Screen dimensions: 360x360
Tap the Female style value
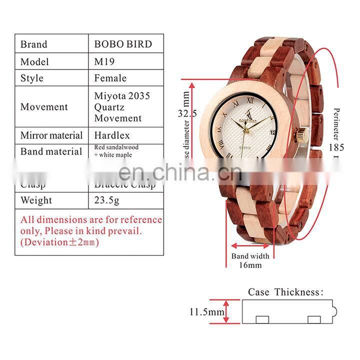(x=110, y=78)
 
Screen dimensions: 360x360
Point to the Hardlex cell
(x=112, y=135)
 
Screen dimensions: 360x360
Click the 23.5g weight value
(x=107, y=200)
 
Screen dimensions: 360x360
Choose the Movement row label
(x=44, y=106)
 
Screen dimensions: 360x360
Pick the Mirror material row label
(x=51, y=135)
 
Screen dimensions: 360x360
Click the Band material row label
(x=51, y=151)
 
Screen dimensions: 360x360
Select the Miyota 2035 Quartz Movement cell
(x=122, y=106)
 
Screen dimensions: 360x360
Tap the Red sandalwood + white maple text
(x=116, y=151)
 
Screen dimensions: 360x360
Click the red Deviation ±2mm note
(x=60, y=242)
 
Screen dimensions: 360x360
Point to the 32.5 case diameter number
(x=187, y=113)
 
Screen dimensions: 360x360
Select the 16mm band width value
(x=249, y=265)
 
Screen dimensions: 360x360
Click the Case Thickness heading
(x=286, y=292)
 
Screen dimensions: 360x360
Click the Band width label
(x=250, y=256)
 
